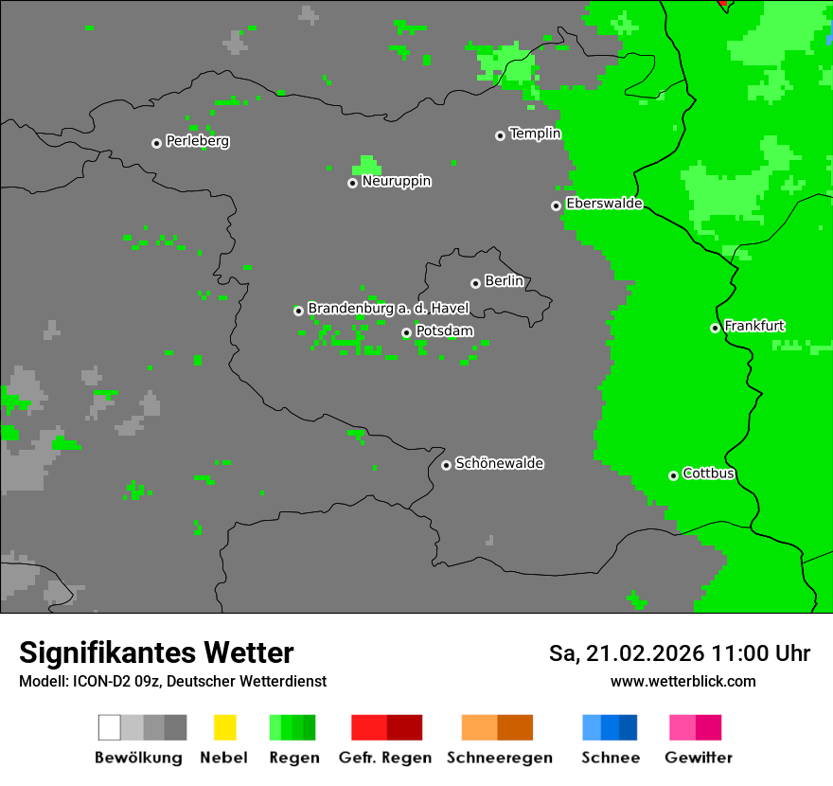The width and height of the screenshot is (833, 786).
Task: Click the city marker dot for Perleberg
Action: point(156,143)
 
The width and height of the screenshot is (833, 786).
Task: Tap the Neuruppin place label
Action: point(396,181)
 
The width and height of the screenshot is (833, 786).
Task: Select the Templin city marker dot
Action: point(500,135)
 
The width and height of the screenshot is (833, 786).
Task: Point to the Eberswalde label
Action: point(604,204)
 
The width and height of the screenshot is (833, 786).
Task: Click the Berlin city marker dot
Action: point(475,283)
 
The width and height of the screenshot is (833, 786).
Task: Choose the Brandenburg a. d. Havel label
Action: point(388,309)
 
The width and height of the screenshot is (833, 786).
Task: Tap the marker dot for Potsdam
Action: point(406,332)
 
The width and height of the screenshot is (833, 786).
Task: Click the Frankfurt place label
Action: point(754,326)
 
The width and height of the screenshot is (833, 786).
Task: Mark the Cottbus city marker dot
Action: point(673,475)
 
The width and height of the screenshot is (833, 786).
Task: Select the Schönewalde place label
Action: point(499,463)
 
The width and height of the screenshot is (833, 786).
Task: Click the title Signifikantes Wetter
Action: point(156,652)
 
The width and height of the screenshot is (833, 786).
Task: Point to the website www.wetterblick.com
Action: point(682,681)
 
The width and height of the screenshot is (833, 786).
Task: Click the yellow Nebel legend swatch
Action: point(224,727)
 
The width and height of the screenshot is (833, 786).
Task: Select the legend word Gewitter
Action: point(698,758)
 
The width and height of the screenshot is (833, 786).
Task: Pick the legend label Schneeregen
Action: point(500,758)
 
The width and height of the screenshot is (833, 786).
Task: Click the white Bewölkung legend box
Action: point(109,727)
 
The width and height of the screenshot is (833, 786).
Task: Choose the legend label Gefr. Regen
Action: point(384,758)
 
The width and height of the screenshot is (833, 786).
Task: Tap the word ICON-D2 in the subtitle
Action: point(97,681)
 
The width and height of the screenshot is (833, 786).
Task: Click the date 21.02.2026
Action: point(644,653)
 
